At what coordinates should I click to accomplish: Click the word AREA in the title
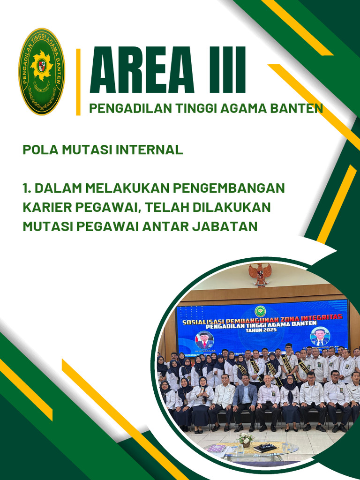(x=148, y=71)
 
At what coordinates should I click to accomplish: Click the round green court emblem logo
(x=42, y=71)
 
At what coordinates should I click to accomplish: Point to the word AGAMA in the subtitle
(x=239, y=109)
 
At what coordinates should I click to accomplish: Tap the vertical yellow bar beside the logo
(x=78, y=82)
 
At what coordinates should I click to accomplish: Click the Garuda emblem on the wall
(x=260, y=274)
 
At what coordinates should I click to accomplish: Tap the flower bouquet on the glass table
(x=245, y=439)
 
